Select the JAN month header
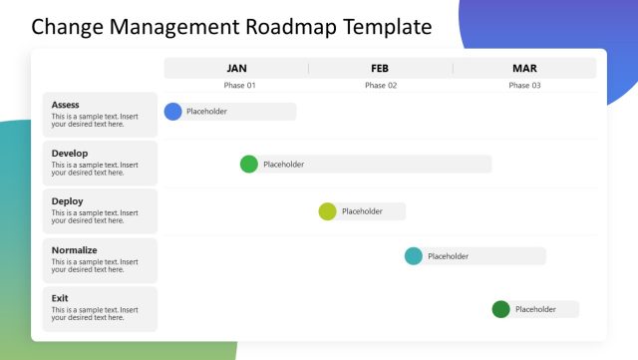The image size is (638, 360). tap(236, 68)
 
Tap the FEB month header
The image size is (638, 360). tap(380, 68)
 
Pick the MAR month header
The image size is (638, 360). tap(524, 68)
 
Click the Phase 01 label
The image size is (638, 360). tap(239, 86)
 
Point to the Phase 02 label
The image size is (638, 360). tap(381, 86)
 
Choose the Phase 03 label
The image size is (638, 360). tap(524, 86)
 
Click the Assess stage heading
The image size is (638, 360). tap(65, 105)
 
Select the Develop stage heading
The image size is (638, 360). tap(70, 153)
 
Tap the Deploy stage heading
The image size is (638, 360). tap(67, 201)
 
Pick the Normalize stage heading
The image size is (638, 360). tap(74, 250)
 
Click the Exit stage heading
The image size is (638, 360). tap(60, 298)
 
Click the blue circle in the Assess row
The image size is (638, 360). tap(173, 112)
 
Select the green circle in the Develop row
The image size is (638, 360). tap(249, 164)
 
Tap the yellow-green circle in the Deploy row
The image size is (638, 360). tap(327, 211)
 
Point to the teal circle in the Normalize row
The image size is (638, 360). tap(414, 256)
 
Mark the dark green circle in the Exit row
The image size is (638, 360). tap(500, 309)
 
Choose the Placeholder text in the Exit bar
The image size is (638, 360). tap(535, 309)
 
